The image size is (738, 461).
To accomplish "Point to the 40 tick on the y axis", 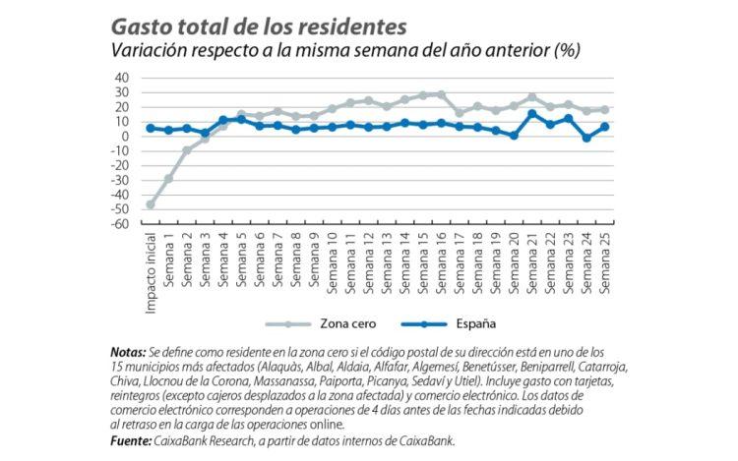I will [122, 78].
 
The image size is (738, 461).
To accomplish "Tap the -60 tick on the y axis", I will [120, 224].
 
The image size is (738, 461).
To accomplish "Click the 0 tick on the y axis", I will [126, 137].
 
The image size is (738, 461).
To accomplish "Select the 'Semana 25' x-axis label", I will [604, 258].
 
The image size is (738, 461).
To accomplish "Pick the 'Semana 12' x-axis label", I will [368, 258].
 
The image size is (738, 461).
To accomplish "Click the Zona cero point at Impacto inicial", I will [151, 204].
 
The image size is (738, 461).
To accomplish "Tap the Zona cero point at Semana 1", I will [168, 178].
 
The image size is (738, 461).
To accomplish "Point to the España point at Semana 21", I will [531, 113].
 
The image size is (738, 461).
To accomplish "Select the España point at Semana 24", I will [585, 138].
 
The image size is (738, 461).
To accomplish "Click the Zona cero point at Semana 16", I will [441, 94].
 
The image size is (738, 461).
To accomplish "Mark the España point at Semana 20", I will [514, 135].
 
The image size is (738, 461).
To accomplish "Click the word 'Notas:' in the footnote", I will [130, 351].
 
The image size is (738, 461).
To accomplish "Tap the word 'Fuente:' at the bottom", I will [132, 440].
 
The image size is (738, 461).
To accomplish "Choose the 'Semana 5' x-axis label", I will [241, 258].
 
